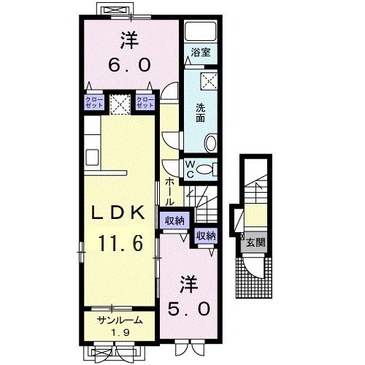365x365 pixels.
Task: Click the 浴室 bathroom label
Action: pyautogui.click(x=200, y=53)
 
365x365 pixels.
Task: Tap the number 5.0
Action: pyautogui.click(x=192, y=307)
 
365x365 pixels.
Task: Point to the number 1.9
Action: pyautogui.click(x=119, y=334)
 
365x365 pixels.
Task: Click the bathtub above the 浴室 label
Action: pyautogui.click(x=200, y=31)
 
